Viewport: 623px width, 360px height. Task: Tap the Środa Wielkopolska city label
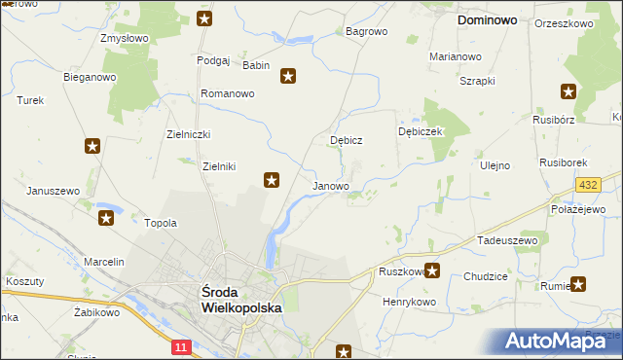(240, 299)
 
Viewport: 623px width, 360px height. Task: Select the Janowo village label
(330, 185)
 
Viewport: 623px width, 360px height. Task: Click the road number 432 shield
(587, 185)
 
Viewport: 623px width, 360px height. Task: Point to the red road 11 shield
(181, 345)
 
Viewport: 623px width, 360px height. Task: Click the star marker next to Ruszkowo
(432, 271)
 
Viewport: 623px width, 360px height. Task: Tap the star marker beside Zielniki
(273, 179)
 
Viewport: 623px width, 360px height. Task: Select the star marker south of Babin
(288, 75)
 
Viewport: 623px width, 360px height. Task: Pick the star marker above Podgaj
(203, 18)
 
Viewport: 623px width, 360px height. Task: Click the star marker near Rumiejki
(578, 285)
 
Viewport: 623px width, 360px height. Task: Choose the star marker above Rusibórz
(568, 92)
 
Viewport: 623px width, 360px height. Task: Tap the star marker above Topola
(106, 218)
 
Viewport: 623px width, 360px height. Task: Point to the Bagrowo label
(367, 31)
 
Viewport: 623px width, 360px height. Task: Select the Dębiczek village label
(421, 131)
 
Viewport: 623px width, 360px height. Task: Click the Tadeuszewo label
(507, 239)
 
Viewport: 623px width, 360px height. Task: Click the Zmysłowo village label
(124, 39)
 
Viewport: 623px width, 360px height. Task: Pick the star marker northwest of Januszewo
(92, 147)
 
